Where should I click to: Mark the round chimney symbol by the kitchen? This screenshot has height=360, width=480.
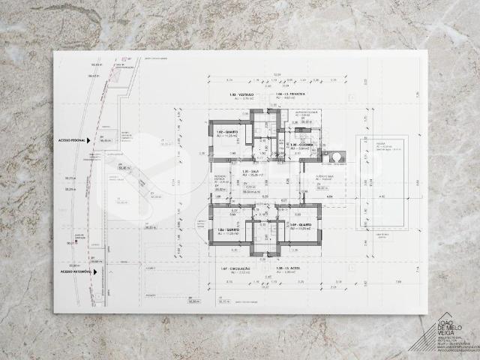[x=335, y=157]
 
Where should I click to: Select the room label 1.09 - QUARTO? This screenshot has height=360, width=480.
[x=300, y=225]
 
